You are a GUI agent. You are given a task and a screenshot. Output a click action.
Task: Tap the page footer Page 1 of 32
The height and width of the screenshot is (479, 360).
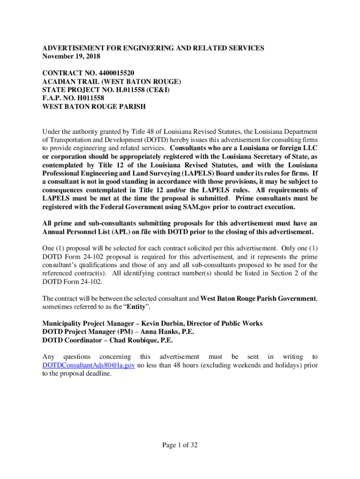pyautogui.click(x=180, y=445)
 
